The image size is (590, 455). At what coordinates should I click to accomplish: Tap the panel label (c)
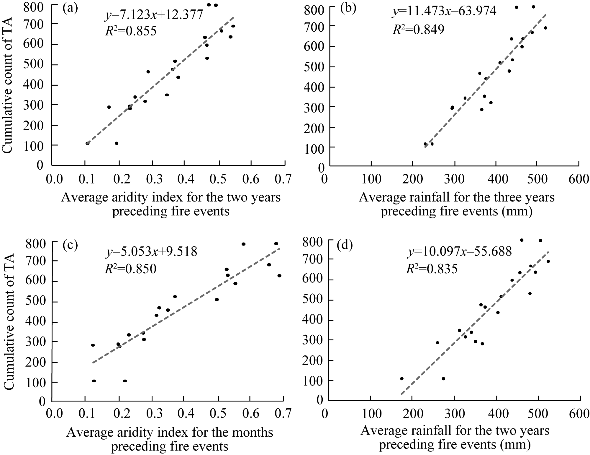[x=70, y=246]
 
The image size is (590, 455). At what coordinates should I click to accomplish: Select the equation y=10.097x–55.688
[x=459, y=252]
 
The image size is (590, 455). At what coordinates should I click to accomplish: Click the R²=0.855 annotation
[x=130, y=31]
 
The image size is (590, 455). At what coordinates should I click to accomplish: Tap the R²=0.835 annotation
[x=432, y=269]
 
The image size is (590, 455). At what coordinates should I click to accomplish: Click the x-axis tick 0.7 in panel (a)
[x=284, y=179]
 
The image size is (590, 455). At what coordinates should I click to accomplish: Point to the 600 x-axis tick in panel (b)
[x=578, y=179]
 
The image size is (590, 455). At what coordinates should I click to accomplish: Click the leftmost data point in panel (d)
[x=401, y=378]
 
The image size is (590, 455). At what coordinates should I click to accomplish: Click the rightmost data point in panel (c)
[x=279, y=276]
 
